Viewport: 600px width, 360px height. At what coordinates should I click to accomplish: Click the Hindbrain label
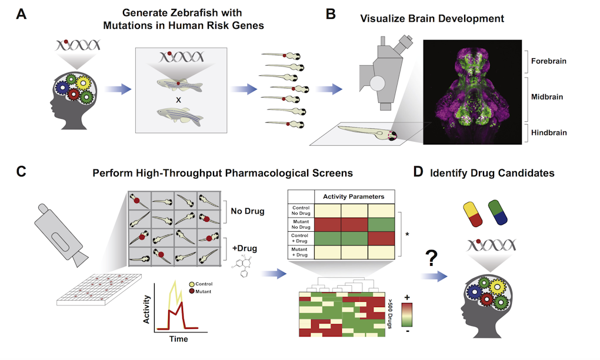tap(548, 132)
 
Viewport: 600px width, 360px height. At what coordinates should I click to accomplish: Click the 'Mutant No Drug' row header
tap(301, 224)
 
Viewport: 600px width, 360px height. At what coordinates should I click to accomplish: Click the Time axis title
tap(178, 339)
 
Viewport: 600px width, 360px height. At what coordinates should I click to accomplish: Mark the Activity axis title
tap(146, 310)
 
